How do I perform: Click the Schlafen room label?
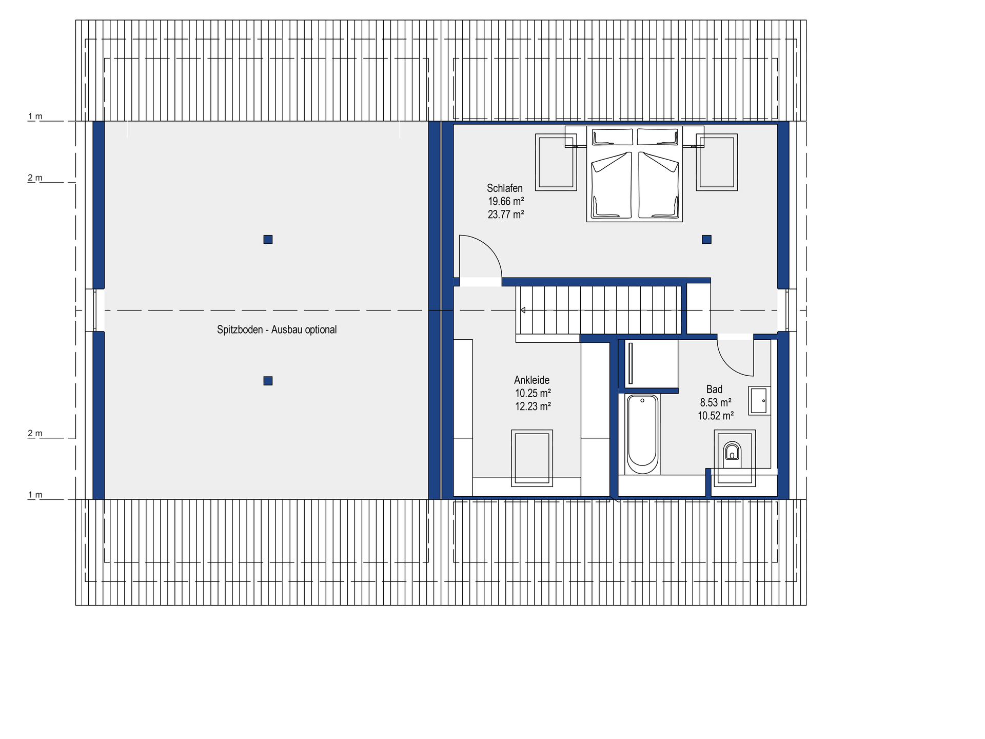pyautogui.click(x=505, y=188)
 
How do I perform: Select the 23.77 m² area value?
pyautogui.click(x=506, y=215)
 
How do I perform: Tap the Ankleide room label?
pyautogui.click(x=532, y=380)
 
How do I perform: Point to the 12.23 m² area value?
pyautogui.click(x=533, y=406)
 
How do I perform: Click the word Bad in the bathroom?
pyautogui.click(x=714, y=390)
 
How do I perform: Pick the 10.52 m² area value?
pyautogui.click(x=716, y=416)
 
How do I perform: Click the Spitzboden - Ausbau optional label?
pyautogui.click(x=277, y=330)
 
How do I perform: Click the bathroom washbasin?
pyautogui.click(x=759, y=401)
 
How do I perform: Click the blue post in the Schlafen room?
pyautogui.click(x=707, y=239)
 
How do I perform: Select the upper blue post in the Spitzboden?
pyautogui.click(x=268, y=239)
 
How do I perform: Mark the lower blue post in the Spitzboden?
pyautogui.click(x=268, y=381)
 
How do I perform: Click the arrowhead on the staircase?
pyautogui.click(x=523, y=310)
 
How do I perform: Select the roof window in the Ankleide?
pyautogui.click(x=532, y=458)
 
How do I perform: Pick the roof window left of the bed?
pyautogui.click(x=556, y=162)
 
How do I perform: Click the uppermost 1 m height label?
pyautogui.click(x=35, y=116)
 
